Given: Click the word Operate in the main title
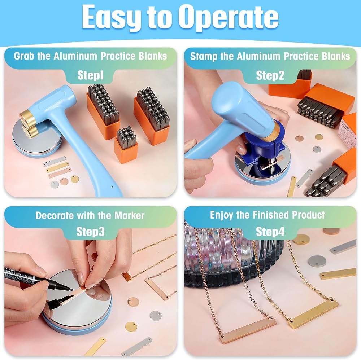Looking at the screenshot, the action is click(x=228, y=17).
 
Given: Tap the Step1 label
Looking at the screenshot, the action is click(x=91, y=75).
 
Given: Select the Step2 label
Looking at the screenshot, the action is click(x=270, y=75).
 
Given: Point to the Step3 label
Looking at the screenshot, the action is click(x=90, y=232).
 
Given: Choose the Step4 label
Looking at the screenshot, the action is click(x=270, y=232).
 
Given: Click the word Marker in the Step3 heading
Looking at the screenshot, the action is click(x=130, y=216).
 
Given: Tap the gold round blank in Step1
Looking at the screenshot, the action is click(x=75, y=179).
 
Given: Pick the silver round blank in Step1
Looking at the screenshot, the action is click(x=55, y=184).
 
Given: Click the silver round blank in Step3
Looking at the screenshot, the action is click(x=155, y=316).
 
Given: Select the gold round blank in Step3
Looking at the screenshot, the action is click(x=131, y=327).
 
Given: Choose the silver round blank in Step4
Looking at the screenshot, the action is click(x=317, y=261).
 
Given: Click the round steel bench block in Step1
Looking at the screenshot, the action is click(x=37, y=139).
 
